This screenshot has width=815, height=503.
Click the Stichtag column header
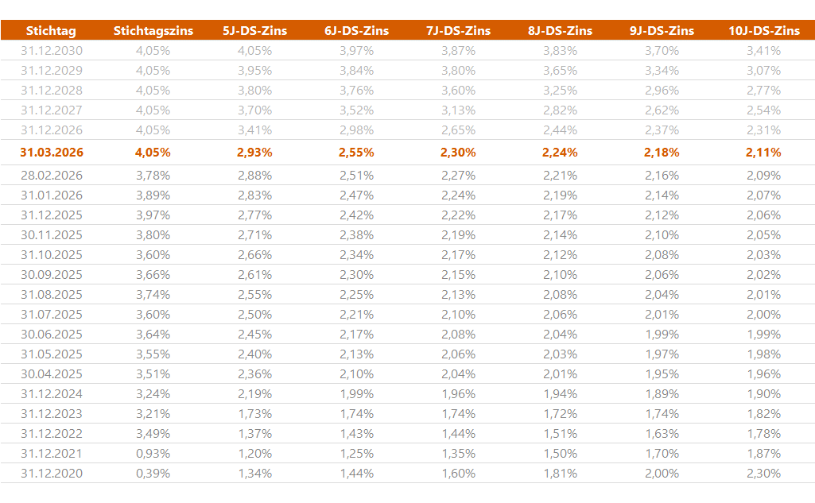point(51,31)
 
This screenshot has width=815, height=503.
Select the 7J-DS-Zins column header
point(458,31)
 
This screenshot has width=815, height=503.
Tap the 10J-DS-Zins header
point(763,31)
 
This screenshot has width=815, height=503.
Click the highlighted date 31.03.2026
point(52,153)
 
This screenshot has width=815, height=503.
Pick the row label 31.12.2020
point(52,473)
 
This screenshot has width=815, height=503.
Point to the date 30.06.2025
point(52,334)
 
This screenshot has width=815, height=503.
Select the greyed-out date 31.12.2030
point(52,50)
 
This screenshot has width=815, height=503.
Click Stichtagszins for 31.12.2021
point(153,453)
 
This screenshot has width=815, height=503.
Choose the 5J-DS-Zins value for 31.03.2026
point(254,153)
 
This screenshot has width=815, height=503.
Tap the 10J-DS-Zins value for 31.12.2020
point(763,473)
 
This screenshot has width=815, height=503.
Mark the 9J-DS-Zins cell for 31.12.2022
point(662,433)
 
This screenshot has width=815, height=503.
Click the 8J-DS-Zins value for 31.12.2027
point(560,110)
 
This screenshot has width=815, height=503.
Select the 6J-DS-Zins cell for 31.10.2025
point(356,254)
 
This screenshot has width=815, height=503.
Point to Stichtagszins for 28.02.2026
point(153,175)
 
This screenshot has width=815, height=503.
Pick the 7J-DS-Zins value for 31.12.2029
point(458,70)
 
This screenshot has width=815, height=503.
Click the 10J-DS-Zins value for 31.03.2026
point(763,153)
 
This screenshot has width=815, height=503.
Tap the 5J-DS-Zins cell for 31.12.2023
point(254,413)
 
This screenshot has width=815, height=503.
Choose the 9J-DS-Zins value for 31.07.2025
point(662,314)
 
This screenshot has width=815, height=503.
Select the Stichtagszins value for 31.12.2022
point(153,433)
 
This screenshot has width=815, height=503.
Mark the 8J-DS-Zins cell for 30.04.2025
point(560,373)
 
